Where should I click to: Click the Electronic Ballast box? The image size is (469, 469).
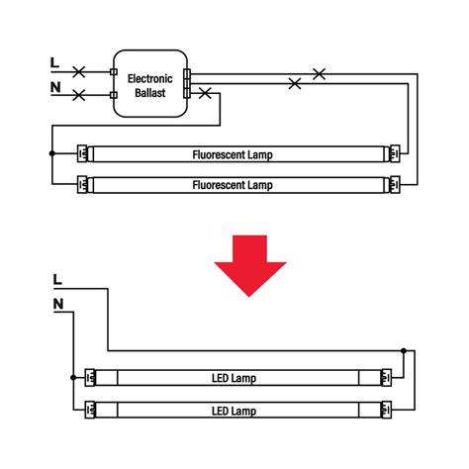click(150, 83)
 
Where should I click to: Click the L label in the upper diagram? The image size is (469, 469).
click(54, 62)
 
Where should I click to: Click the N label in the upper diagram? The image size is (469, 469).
click(55, 87)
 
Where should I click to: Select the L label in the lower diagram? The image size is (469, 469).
click(57, 280)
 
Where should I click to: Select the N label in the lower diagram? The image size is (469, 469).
click(58, 304)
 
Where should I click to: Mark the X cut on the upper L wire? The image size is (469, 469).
click(79, 71)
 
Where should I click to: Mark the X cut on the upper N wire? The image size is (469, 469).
click(79, 95)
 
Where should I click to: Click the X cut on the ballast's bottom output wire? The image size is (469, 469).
click(205, 93)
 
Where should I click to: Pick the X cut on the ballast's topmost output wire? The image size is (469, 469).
click(319, 74)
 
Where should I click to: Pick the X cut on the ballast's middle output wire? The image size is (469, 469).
click(295, 83)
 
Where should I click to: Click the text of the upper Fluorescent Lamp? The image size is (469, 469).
click(233, 154)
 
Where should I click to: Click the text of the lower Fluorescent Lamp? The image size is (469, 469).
click(233, 185)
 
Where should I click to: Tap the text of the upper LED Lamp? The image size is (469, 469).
click(234, 378)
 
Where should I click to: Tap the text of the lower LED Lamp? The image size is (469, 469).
click(234, 411)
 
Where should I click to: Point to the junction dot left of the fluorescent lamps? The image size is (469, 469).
click(52, 153)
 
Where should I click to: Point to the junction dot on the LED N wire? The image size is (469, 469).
click(73, 377)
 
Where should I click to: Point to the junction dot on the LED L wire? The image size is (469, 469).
click(404, 350)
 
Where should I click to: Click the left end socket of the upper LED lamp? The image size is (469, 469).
click(90, 377)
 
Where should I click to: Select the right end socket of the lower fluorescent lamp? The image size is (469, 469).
click(395, 185)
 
